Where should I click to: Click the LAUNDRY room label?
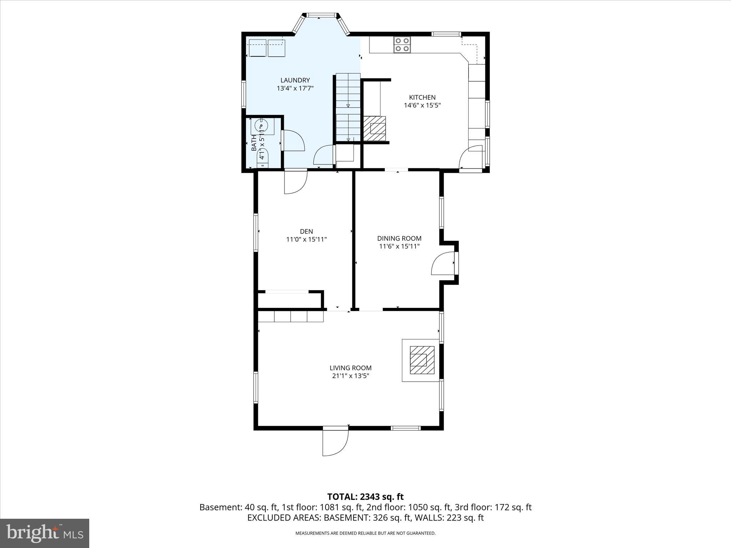click(x=295, y=80)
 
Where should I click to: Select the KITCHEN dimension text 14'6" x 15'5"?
click(x=422, y=105)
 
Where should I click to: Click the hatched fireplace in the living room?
click(x=422, y=360)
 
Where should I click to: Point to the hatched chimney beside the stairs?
click(x=375, y=128)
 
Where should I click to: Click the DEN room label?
click(x=306, y=232)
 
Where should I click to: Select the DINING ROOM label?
click(x=399, y=238)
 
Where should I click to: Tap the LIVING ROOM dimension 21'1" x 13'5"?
click(x=351, y=376)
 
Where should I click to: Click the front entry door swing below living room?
click(x=335, y=442)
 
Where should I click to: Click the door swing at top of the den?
click(x=295, y=183)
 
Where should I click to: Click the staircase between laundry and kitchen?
click(x=348, y=107)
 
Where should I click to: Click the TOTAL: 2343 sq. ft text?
click(x=365, y=497)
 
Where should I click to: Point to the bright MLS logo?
click(x=45, y=533)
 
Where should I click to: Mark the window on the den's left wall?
click(x=256, y=233)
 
